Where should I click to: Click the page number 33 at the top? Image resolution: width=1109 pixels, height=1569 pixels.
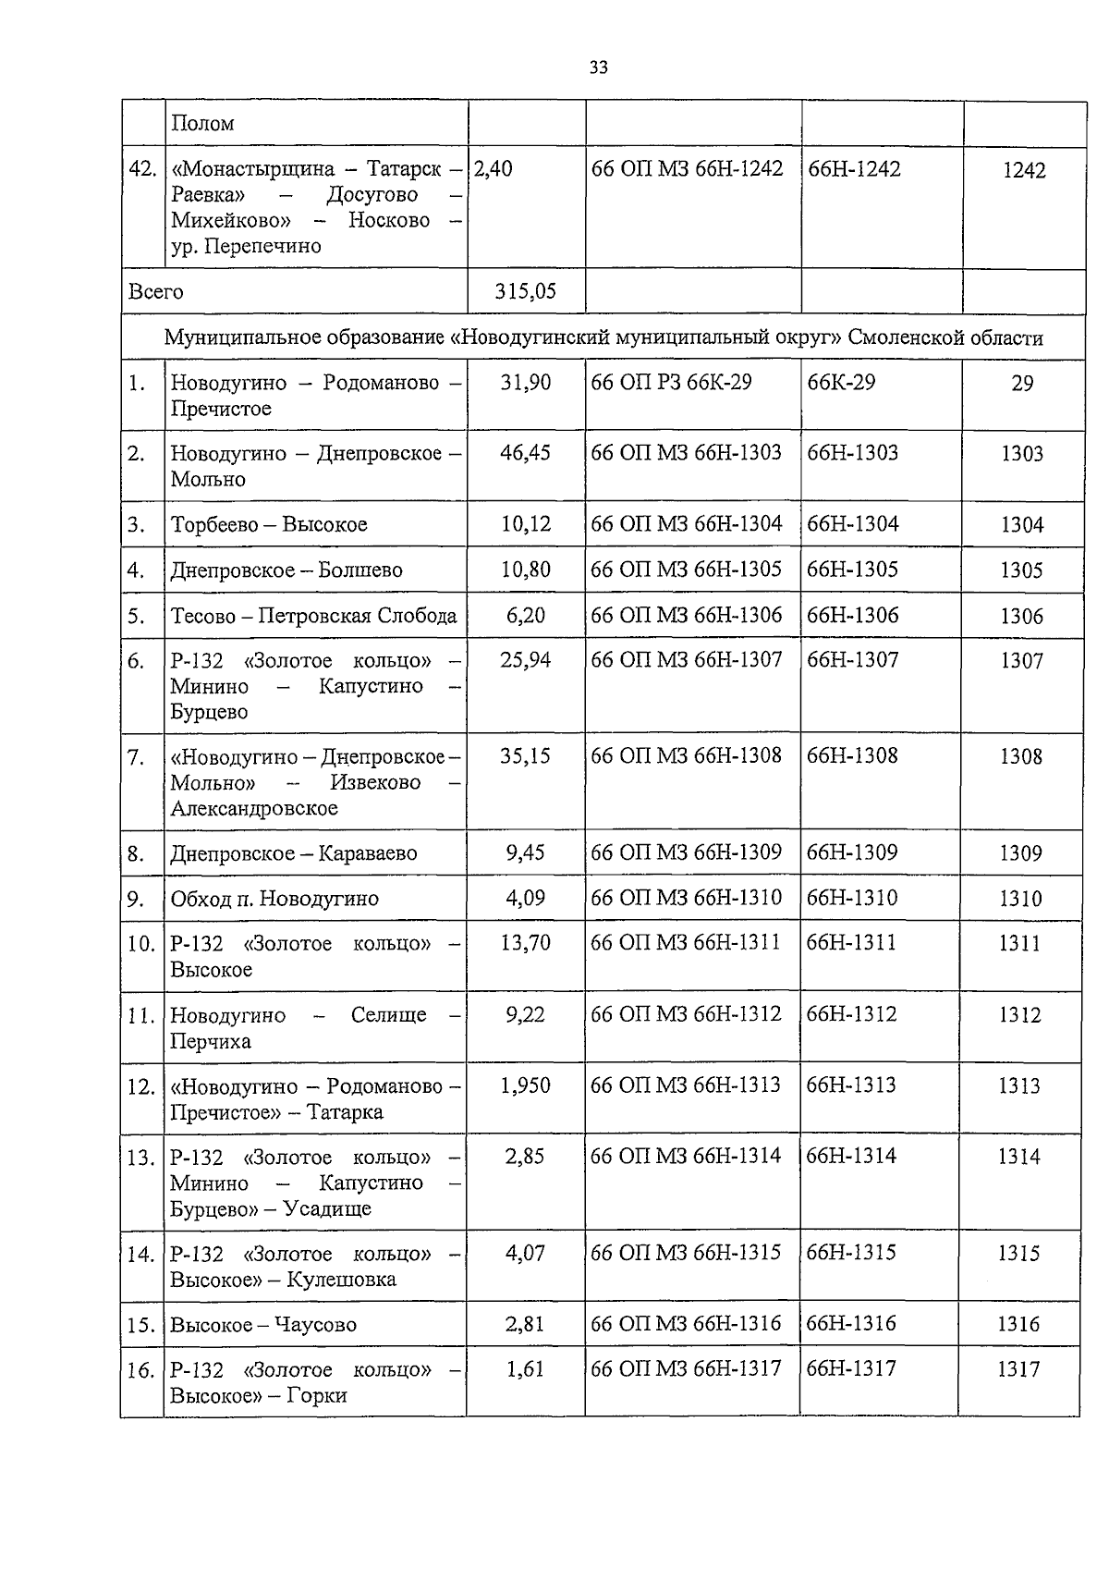click(x=598, y=67)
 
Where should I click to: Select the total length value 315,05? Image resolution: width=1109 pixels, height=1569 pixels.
click(x=525, y=292)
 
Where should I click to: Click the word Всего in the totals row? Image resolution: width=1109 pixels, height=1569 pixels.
click(x=155, y=292)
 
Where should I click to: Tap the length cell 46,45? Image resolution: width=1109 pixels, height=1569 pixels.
click(x=525, y=453)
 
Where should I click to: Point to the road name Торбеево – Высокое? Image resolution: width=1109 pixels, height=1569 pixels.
click(x=269, y=525)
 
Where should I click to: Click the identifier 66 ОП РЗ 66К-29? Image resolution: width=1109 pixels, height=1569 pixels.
click(x=671, y=383)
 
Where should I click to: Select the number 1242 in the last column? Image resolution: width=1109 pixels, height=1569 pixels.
click(x=1024, y=171)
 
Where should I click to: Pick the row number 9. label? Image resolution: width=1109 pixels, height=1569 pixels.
click(x=137, y=899)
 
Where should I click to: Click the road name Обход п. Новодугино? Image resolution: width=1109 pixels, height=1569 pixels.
click(x=274, y=899)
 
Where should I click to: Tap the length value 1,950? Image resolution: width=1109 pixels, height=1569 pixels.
click(x=525, y=1086)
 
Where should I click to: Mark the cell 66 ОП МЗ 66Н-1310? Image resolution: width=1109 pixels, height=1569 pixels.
click(x=686, y=898)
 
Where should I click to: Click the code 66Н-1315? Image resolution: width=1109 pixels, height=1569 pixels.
click(x=851, y=1253)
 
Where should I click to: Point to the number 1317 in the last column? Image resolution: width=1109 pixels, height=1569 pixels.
click(x=1018, y=1370)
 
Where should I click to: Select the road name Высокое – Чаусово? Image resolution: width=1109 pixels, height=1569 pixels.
click(x=263, y=1325)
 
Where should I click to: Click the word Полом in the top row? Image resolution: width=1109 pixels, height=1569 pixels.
click(x=202, y=124)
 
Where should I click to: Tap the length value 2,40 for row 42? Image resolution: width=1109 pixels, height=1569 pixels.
click(x=494, y=169)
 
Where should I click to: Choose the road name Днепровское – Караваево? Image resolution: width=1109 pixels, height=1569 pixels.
click(x=293, y=853)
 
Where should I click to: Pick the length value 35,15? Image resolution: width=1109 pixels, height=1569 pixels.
click(x=525, y=756)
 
